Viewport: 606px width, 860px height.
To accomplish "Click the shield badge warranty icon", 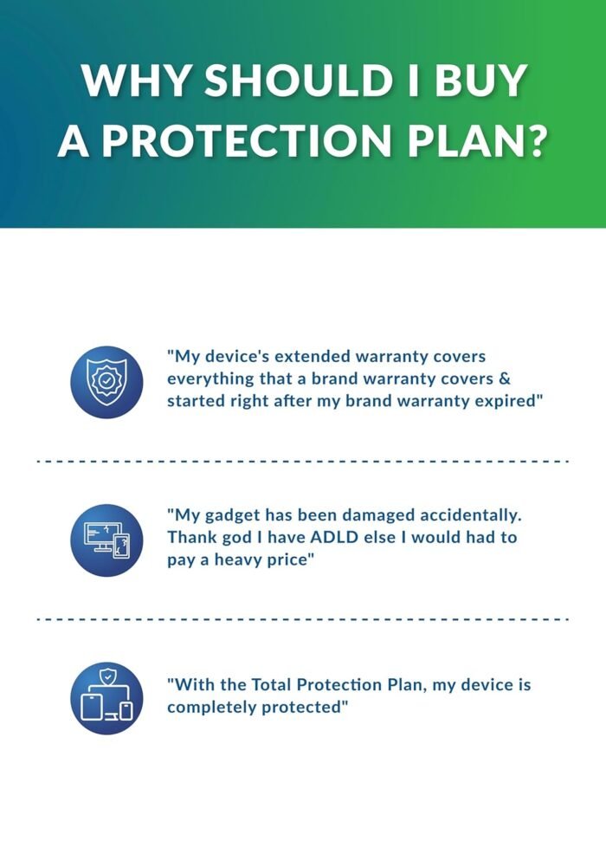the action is coord(106,382).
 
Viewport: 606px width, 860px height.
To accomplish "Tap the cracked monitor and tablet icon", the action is coord(106,540).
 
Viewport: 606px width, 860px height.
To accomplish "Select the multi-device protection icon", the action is coord(106,698).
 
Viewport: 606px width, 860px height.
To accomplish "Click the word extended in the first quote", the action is coord(312,357).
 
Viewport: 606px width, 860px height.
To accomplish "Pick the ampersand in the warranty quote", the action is coord(505,379).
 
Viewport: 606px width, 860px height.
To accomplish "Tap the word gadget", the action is coord(233,516).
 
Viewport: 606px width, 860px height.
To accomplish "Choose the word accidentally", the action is coord(468,515).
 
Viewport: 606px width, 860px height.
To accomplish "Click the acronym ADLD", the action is coord(334,538).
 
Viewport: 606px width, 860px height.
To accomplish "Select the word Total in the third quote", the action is coord(271,685).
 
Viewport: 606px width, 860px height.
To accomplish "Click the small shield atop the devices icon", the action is coord(107,676).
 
